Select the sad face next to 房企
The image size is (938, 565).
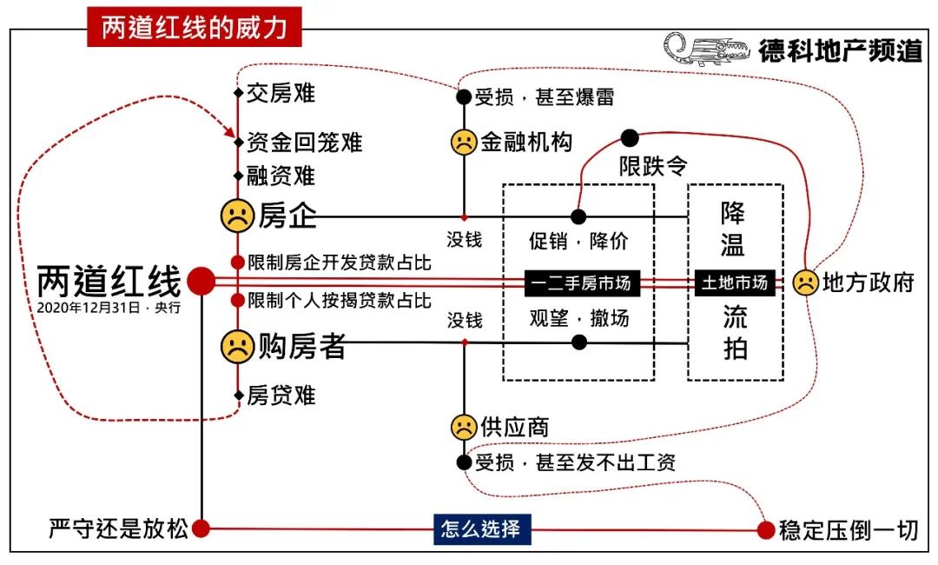236,216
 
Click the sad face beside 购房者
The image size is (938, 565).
236,347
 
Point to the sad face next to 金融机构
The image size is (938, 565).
464,142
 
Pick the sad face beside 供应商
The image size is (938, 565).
464,427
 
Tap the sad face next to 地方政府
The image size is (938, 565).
805,282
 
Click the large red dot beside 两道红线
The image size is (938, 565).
201,281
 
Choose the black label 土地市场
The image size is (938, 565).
735,282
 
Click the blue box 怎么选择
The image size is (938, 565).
481,528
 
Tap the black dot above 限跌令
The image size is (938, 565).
630,137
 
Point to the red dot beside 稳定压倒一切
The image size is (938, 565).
765,529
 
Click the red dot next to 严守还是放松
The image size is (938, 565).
201,528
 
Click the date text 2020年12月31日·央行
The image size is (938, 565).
109,308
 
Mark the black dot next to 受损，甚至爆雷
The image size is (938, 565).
464,96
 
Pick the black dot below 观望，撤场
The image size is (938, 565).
579,342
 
